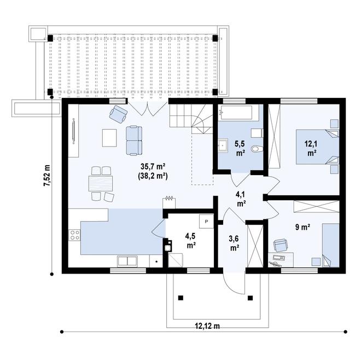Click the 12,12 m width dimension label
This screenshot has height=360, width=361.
click(x=207, y=326)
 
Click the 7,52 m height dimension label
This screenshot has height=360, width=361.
click(x=48, y=176)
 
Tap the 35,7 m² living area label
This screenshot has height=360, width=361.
click(x=153, y=166)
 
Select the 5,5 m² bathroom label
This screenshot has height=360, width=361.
click(x=240, y=148)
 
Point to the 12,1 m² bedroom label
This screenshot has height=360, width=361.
click(x=311, y=148)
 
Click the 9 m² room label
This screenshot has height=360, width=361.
click(x=302, y=227)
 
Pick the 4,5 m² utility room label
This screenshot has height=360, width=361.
click(x=191, y=240)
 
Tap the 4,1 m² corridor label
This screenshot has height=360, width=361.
click(x=241, y=199)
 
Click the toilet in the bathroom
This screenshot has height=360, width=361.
click(x=258, y=149)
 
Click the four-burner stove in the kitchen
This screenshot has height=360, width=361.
click(x=74, y=235)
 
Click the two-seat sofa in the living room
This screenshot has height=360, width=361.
click(x=134, y=141)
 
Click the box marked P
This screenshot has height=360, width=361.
click(x=207, y=222)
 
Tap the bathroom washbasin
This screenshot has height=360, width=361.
click(x=223, y=146)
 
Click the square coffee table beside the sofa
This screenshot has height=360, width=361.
click(x=109, y=138)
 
